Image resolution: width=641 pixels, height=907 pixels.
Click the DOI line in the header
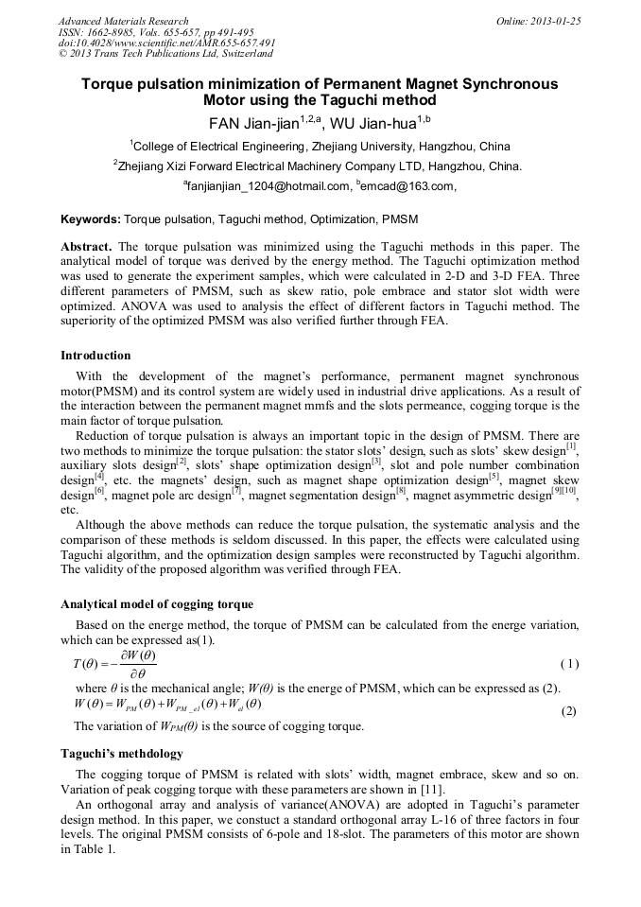coord(166,43)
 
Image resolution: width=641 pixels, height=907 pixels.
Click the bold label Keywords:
coord(91,219)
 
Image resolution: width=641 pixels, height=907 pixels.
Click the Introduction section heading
coord(95,356)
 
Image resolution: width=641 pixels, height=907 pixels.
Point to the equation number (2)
coord(569,710)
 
